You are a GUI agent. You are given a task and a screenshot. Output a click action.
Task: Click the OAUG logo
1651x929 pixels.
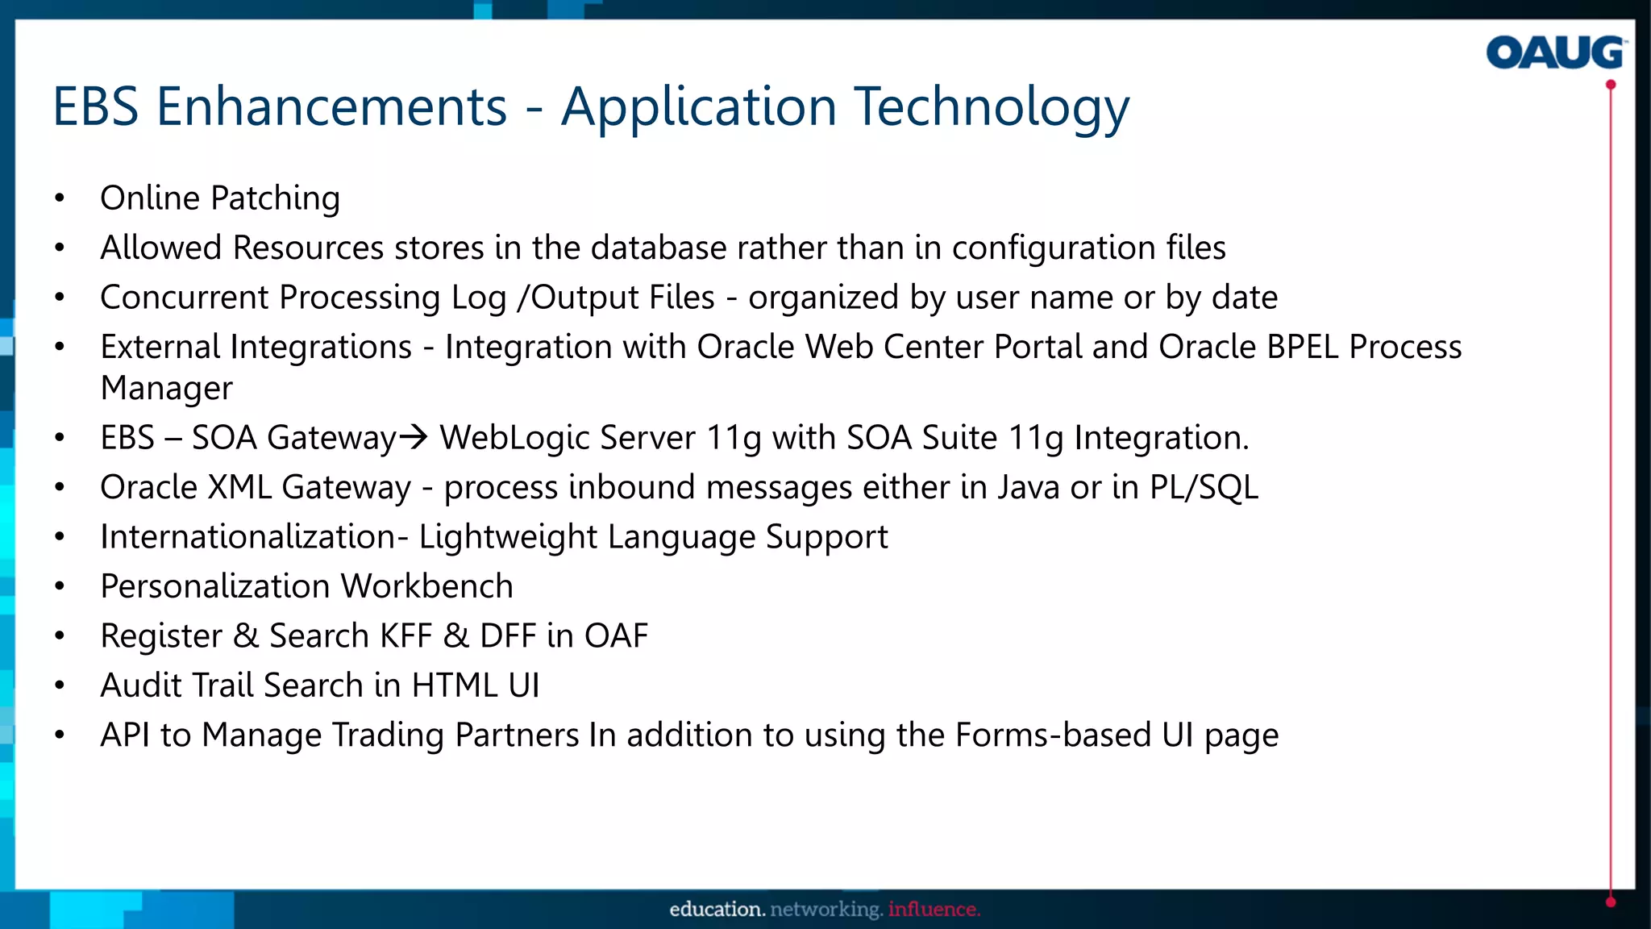coord(1554,52)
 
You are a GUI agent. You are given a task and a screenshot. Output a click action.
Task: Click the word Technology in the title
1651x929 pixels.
coord(991,107)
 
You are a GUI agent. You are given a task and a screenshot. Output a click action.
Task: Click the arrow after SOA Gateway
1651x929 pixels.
coord(414,437)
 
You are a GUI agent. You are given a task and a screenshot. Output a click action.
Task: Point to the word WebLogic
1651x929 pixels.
coord(514,438)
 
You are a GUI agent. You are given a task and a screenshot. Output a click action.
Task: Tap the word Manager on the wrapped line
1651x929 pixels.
coord(166,389)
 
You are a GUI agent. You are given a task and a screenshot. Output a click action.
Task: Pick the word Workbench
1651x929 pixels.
coord(427,586)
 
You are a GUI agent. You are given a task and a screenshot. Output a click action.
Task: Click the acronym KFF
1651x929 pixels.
coord(405,636)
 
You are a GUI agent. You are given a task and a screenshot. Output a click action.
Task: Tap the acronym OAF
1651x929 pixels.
coord(616,636)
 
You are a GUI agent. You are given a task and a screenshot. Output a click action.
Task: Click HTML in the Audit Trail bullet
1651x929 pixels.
coord(454,685)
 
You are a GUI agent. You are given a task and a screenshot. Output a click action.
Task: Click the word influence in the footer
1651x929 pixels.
coord(934,909)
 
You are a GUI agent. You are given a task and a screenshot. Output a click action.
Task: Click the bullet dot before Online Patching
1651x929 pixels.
coord(60,198)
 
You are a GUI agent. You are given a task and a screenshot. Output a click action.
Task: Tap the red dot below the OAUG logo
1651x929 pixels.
coord(1610,85)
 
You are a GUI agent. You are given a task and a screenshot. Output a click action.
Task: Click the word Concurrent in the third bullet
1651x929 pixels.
coord(185,298)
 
